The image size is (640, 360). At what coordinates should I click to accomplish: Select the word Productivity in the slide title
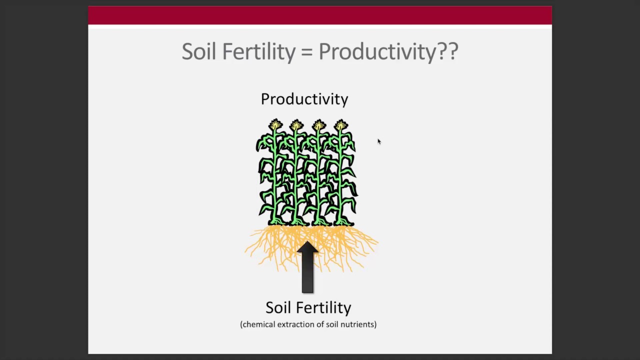[x=377, y=51]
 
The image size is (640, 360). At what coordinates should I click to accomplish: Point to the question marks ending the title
[x=448, y=51]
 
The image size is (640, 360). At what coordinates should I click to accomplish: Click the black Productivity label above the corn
[x=304, y=99]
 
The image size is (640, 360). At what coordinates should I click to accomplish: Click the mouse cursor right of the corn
[x=379, y=141]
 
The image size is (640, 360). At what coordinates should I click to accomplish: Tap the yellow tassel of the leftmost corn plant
[x=275, y=125]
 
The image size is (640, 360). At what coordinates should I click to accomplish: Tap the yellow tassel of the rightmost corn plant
[x=341, y=125]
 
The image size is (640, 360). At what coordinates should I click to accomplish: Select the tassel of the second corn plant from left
[x=296, y=125]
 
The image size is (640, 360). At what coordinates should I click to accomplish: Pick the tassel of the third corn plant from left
[x=319, y=125]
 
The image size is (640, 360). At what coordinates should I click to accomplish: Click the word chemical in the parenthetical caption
[x=257, y=324]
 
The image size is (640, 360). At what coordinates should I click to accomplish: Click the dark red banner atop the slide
[x=320, y=15]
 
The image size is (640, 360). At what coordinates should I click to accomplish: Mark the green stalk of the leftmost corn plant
[x=274, y=180]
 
